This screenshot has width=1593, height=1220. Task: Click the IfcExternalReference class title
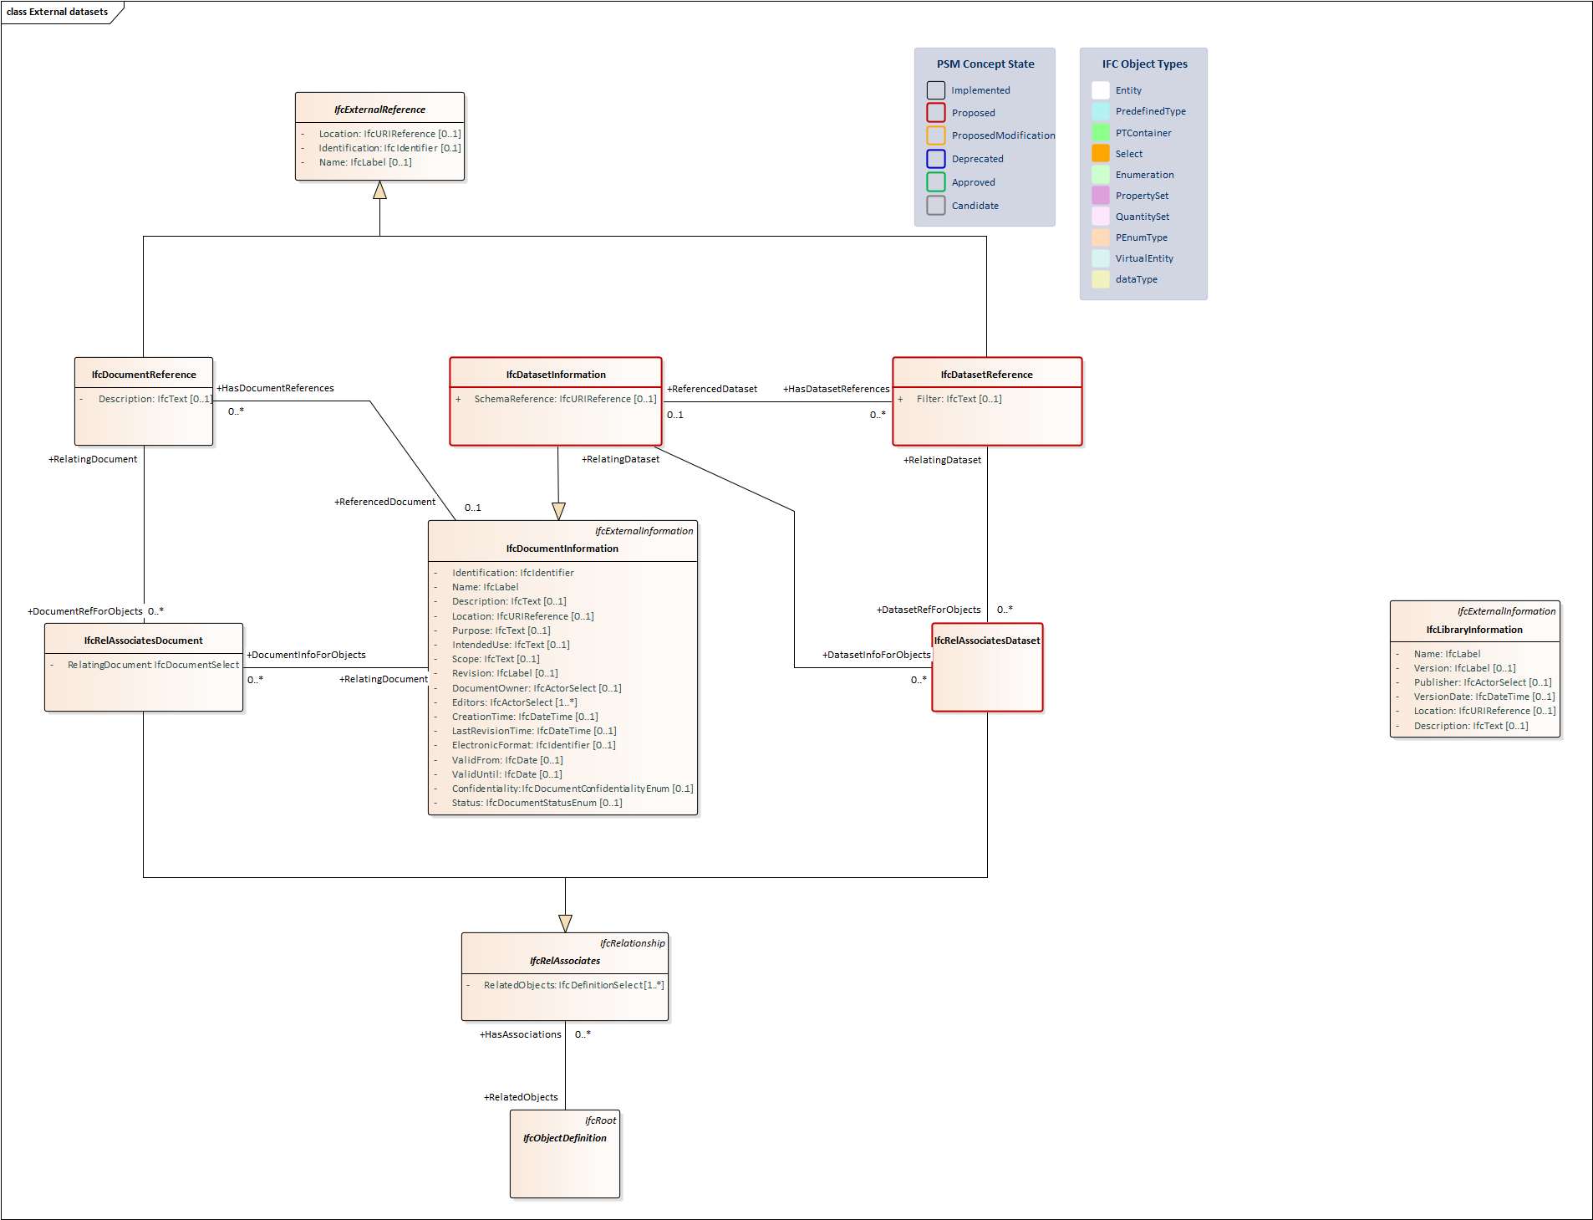click(x=379, y=110)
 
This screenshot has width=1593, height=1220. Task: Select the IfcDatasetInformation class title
click(x=555, y=375)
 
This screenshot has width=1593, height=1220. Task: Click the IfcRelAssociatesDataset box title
click(x=986, y=641)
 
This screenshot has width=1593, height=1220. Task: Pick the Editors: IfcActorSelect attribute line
click(x=514, y=702)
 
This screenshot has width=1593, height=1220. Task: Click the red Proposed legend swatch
click(x=936, y=113)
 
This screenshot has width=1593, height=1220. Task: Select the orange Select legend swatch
click(x=1101, y=154)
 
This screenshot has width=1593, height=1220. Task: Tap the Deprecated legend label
click(x=977, y=159)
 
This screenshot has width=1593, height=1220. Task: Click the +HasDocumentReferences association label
click(x=275, y=388)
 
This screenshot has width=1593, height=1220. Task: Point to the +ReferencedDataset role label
click(x=712, y=389)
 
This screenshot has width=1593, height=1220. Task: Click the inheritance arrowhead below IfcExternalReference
click(x=379, y=191)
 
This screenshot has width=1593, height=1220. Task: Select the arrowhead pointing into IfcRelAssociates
click(x=565, y=923)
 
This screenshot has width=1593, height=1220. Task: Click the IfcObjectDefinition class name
click(x=564, y=1138)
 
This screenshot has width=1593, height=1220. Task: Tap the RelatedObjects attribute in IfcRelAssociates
click(x=573, y=985)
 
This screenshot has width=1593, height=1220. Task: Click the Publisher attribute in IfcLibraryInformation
click(x=1482, y=682)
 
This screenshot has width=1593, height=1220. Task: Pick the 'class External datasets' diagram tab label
click(x=58, y=12)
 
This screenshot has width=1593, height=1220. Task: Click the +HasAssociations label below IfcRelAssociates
click(x=521, y=1034)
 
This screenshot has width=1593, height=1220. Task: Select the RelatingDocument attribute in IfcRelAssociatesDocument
click(x=153, y=665)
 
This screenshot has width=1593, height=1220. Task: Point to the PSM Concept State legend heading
click(x=985, y=64)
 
